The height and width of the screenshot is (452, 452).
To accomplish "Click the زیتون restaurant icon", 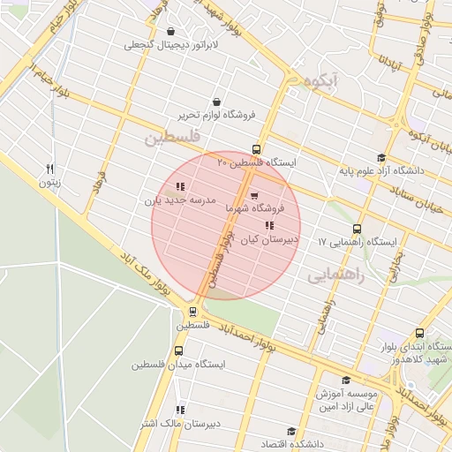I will coord(50,169).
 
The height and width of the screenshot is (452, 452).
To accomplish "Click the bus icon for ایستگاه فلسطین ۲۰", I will coord(257,149).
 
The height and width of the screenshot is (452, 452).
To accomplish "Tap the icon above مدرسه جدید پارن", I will coord(180,186).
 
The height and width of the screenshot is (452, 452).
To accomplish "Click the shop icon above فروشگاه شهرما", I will coord(254,195).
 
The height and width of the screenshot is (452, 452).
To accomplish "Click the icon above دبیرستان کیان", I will coord(268,225).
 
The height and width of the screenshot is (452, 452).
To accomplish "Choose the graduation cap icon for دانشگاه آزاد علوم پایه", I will coord(381,157).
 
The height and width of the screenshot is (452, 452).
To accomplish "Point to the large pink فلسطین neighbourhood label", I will coord(173,138).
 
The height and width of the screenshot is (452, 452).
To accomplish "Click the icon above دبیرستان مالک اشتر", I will coord(180,410).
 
